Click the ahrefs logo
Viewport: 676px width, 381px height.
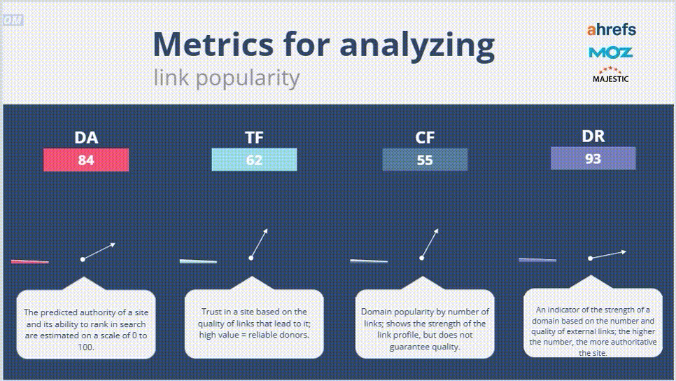click(612, 30)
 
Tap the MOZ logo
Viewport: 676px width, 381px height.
click(610, 53)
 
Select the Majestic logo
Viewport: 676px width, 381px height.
click(610, 75)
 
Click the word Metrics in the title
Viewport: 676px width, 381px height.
click(213, 44)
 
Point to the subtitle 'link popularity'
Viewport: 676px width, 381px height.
click(226, 78)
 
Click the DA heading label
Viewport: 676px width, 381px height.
click(86, 138)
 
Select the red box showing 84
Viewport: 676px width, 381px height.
click(86, 160)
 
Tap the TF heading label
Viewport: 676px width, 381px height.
click(254, 138)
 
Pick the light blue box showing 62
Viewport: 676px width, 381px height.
click(254, 160)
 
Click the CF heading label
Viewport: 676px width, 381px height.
click(425, 138)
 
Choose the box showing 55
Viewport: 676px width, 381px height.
click(425, 160)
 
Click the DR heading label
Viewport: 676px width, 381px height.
click(593, 137)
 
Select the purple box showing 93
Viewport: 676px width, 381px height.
click(593, 158)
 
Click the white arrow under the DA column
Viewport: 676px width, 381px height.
click(99, 251)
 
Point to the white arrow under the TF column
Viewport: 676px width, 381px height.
click(259, 244)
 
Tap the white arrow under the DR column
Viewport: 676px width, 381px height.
click(608, 254)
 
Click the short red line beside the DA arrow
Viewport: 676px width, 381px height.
click(30, 261)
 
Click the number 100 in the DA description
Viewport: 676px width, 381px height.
click(86, 347)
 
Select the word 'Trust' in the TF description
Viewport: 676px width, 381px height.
click(211, 312)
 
